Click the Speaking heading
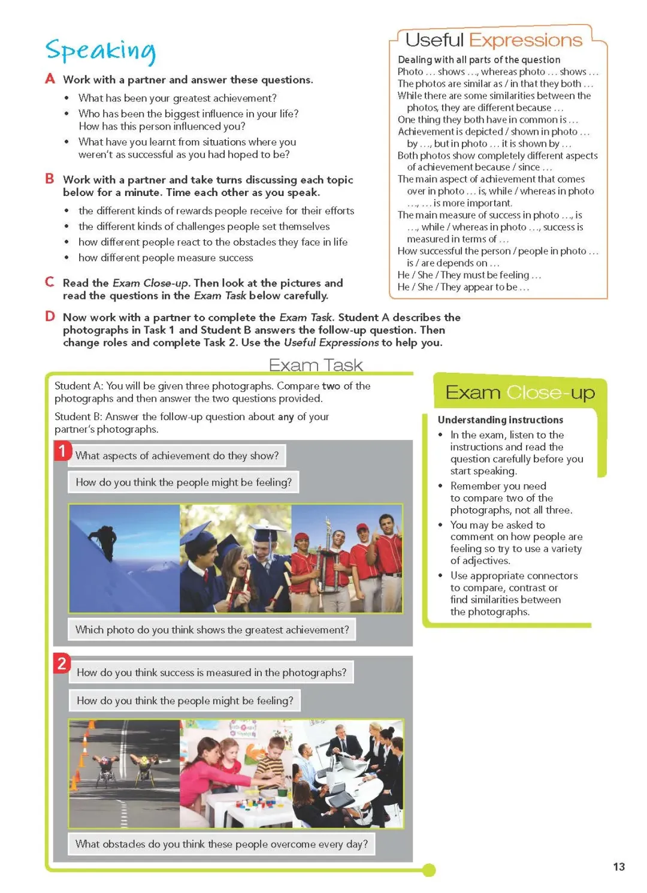101,51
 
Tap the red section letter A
50,79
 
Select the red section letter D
50,316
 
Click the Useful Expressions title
494,40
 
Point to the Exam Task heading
316,365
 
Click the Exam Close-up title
519,393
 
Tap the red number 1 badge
62,450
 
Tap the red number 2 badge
62,663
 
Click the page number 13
619,867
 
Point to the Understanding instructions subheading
500,420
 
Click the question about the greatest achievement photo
212,630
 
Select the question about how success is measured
211,672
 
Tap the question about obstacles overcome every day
222,844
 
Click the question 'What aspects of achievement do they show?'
177,455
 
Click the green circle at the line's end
428,870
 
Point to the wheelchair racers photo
125,774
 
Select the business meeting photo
347,774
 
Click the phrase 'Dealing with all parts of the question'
479,59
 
